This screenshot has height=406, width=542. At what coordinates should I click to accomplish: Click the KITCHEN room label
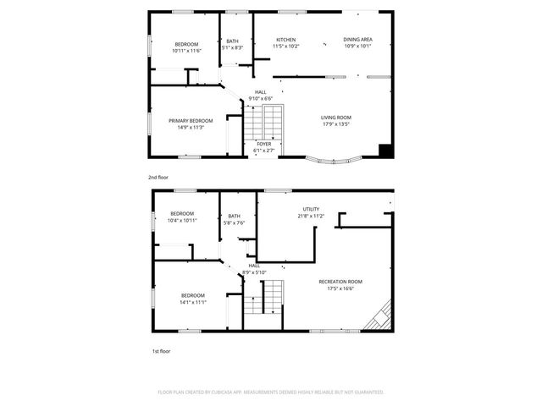click(x=285, y=40)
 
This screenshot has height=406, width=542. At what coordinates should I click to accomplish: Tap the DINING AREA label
click(x=357, y=40)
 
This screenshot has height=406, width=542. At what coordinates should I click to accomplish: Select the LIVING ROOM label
click(x=335, y=118)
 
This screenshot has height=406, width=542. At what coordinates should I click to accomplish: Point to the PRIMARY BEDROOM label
click(x=191, y=121)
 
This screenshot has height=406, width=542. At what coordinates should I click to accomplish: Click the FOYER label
click(x=263, y=144)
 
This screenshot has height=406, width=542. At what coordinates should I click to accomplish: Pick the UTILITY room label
click(x=311, y=209)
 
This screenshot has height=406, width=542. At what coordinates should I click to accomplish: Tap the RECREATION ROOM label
click(x=340, y=282)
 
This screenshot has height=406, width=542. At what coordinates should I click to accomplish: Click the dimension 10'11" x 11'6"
click(x=186, y=51)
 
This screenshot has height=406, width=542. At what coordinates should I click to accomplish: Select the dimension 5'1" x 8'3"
click(x=232, y=47)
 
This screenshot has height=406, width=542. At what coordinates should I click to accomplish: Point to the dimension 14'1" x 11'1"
click(x=192, y=303)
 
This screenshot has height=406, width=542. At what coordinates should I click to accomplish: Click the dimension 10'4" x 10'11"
click(x=182, y=220)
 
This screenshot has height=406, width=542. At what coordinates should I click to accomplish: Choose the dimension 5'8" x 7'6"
click(x=234, y=223)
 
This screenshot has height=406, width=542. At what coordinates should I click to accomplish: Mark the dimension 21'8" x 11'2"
click(x=311, y=216)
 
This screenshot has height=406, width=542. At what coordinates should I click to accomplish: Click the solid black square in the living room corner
click(x=385, y=151)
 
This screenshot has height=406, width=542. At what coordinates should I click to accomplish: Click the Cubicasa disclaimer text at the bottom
click(x=270, y=392)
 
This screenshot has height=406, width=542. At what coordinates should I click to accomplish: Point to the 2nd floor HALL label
click(x=261, y=92)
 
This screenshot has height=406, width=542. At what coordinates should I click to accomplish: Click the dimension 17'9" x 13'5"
click(x=335, y=124)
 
